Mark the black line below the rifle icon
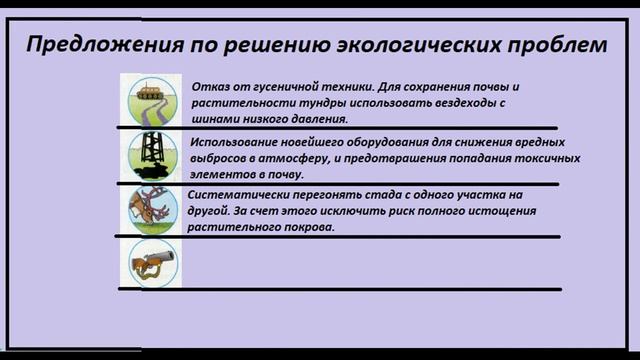[340, 289]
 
